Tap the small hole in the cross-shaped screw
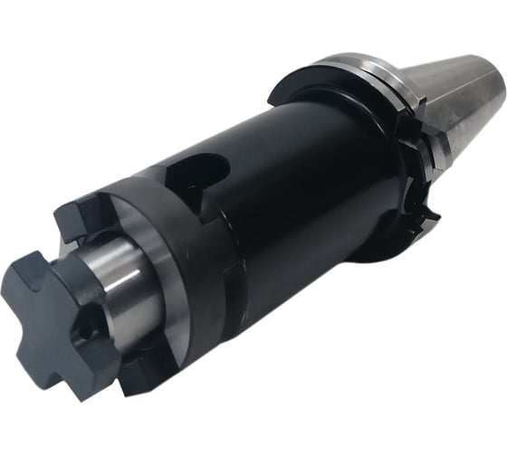86,332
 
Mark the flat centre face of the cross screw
68,312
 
